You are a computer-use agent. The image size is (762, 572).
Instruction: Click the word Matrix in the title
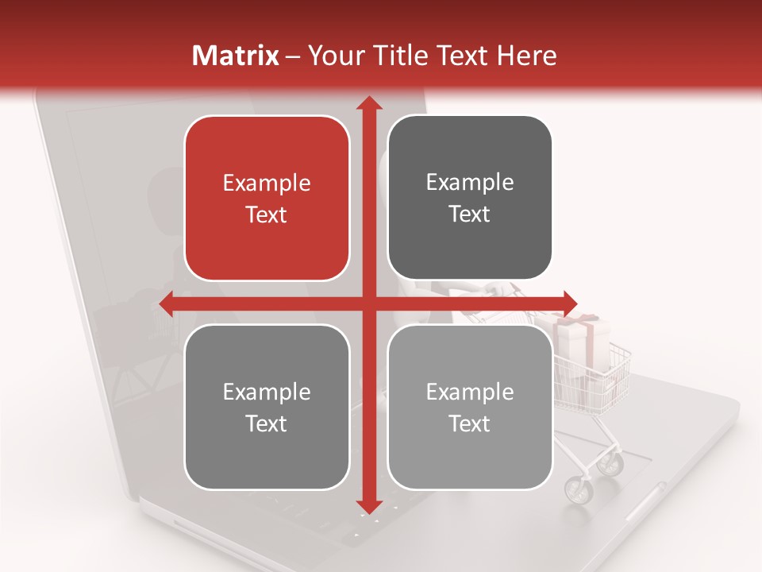pos(236,56)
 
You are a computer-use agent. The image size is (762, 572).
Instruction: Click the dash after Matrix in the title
pos(293,56)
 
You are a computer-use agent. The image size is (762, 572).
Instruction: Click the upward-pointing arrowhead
pos(368,104)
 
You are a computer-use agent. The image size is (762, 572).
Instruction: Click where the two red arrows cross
pos(368,303)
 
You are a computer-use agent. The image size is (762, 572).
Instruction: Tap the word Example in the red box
pos(267,184)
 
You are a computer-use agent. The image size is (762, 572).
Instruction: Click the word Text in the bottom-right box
pos(470,423)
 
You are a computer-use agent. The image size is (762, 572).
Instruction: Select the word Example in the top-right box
pos(470,183)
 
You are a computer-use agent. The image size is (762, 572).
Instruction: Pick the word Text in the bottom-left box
pos(267,423)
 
